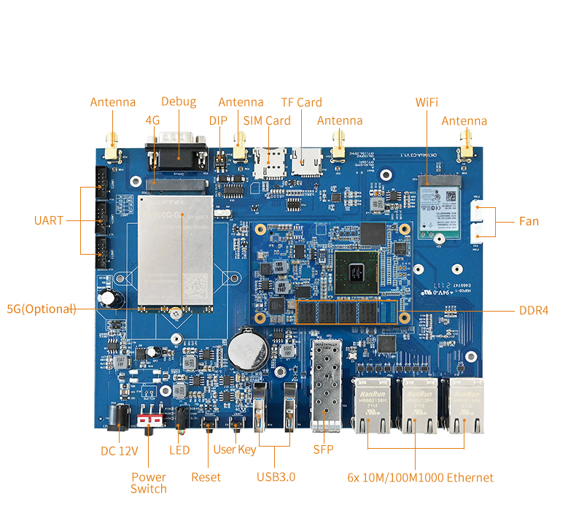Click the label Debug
pyautogui.click(x=179, y=101)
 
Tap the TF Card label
pyautogui.click(x=301, y=102)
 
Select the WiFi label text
pyautogui.click(x=427, y=102)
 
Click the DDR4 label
pyautogui.click(x=534, y=310)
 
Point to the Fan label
pyautogui.click(x=529, y=220)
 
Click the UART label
pyautogui.click(x=49, y=220)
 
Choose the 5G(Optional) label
pyautogui.click(x=42, y=309)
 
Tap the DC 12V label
pyautogui.click(x=120, y=450)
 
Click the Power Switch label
pyautogui.click(x=149, y=482)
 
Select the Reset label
pyautogui.click(x=206, y=477)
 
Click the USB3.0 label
pyautogui.click(x=276, y=477)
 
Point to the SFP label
pyautogui.click(x=323, y=450)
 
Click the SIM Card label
pyautogui.click(x=266, y=120)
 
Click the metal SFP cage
pyautogui.click(x=327, y=387)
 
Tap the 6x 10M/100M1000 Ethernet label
pyautogui.click(x=421, y=478)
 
